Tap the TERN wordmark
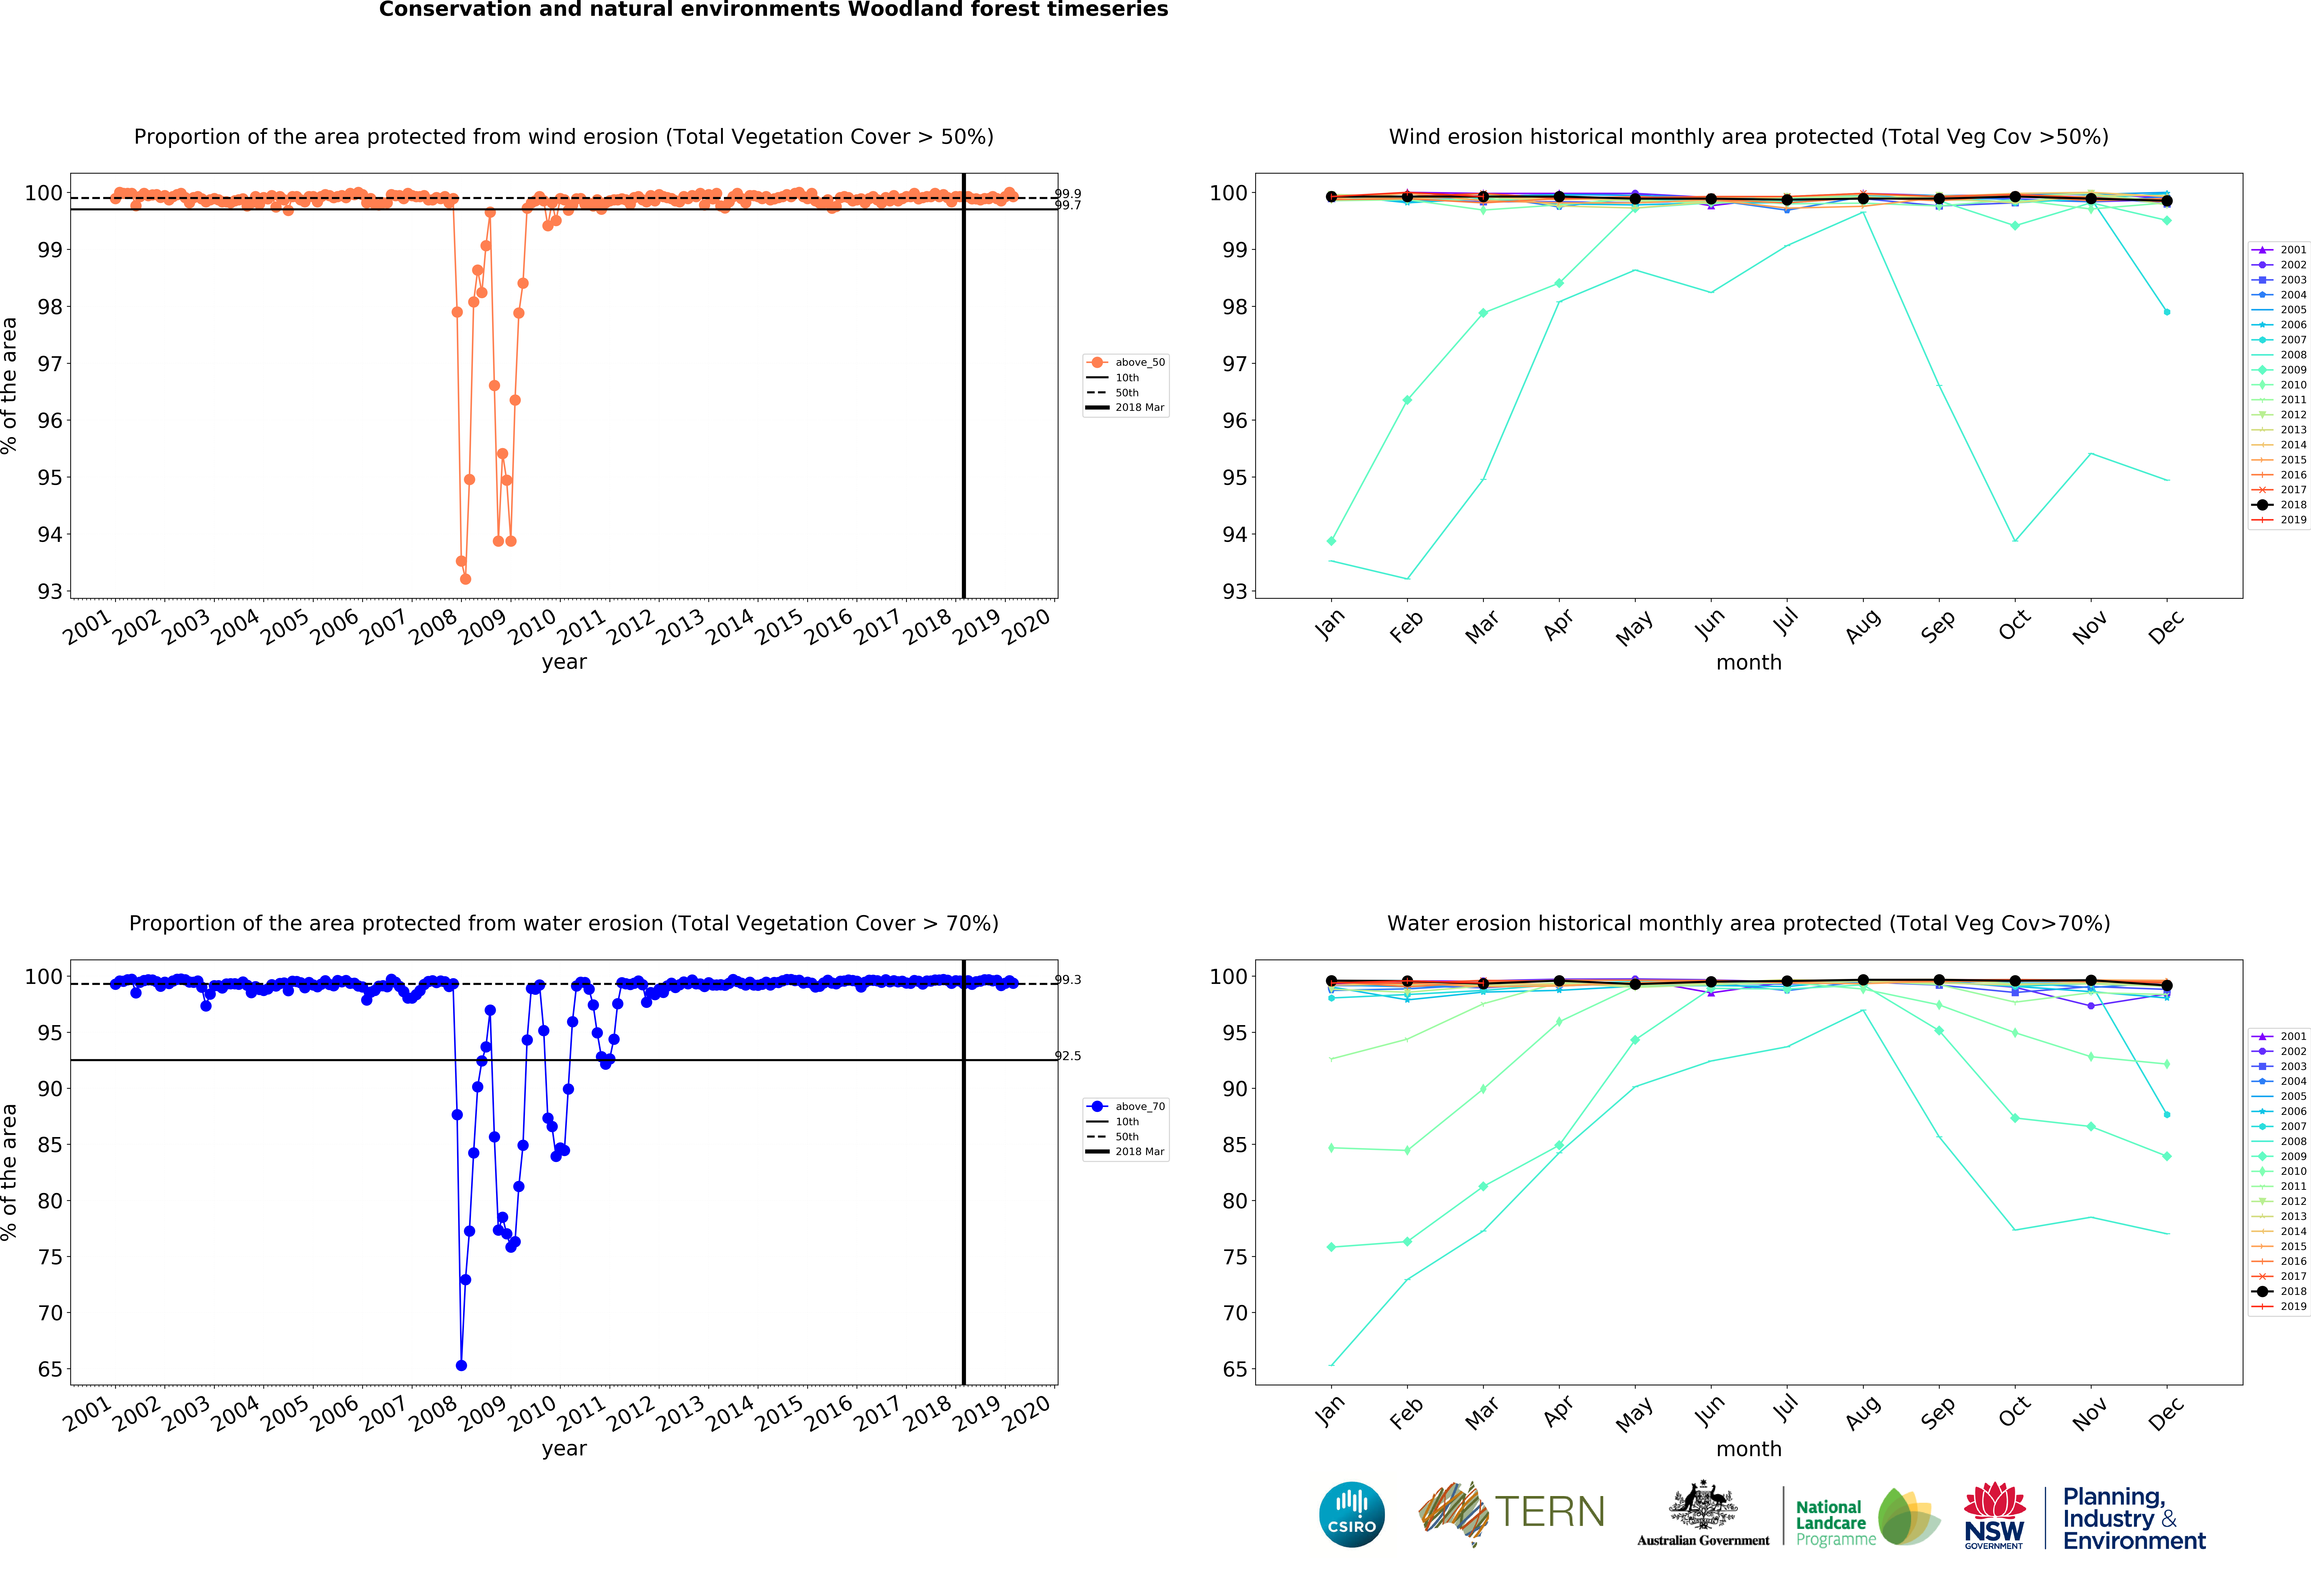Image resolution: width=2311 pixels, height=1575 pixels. tap(1549, 1512)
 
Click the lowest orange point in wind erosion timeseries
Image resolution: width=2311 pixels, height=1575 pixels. tap(466, 579)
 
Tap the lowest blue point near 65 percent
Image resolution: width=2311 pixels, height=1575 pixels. tap(461, 1365)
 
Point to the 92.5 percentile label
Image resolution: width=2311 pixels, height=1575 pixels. tap(1068, 1056)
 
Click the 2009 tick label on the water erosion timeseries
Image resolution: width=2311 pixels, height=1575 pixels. tap(482, 1413)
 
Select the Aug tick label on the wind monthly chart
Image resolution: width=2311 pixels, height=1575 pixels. tap(1863, 626)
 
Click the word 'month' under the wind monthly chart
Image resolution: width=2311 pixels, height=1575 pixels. tap(1748, 662)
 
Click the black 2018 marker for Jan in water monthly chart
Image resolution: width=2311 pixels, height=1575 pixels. tap(1331, 980)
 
